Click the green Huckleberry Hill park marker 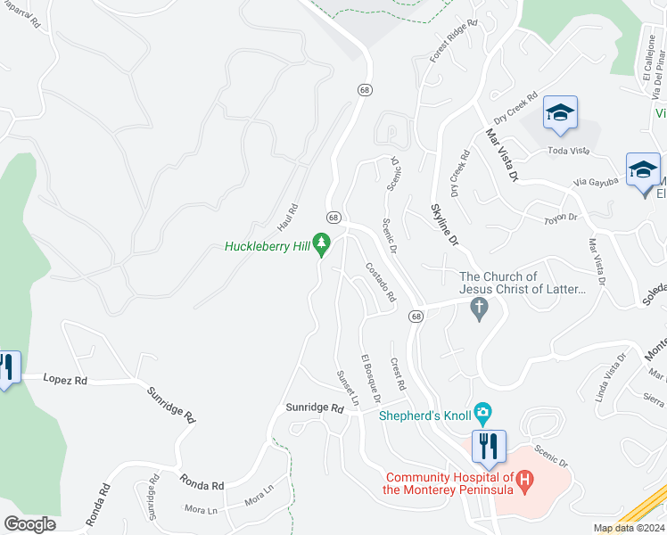(321, 243)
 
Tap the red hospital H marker (524, 483)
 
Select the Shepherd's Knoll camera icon (482, 411)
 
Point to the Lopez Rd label (68, 379)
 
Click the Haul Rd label (286, 213)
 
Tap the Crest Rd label (398, 374)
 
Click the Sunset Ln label (346, 388)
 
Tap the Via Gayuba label (597, 182)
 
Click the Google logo (29, 524)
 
